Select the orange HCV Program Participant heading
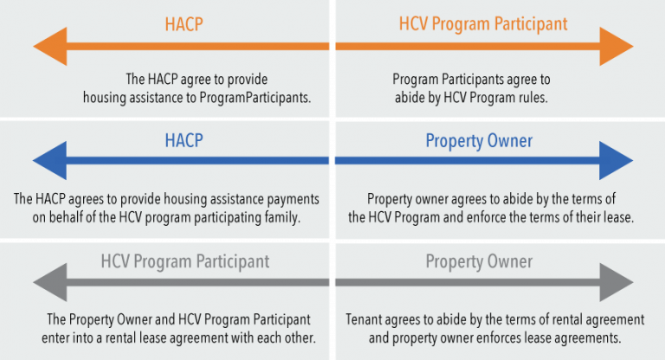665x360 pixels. pyautogui.click(x=482, y=22)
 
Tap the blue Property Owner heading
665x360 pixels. pyautogui.click(x=479, y=141)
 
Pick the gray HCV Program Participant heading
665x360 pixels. pyautogui.click(x=185, y=260)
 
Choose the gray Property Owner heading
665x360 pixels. pyautogui.click(x=479, y=260)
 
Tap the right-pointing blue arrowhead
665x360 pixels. pyautogui.click(x=617, y=162)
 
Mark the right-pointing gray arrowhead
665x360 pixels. pyautogui.click(x=617, y=282)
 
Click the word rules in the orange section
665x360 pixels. pyautogui.click(x=532, y=97)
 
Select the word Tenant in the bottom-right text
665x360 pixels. pyautogui.click(x=365, y=319)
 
